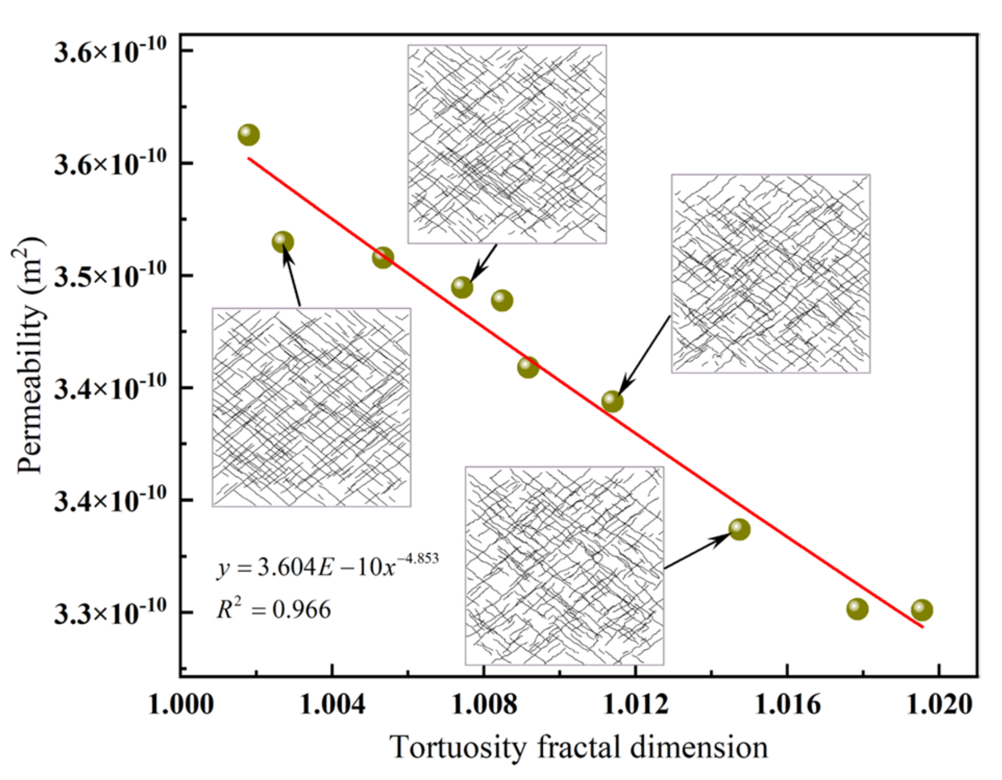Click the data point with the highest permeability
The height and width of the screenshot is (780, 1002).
249,135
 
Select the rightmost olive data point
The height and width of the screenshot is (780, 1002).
922,610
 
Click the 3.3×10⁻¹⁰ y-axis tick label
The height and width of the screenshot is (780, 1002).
110,613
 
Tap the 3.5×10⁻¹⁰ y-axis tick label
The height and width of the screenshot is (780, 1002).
110,275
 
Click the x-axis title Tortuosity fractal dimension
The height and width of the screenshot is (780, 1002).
579,747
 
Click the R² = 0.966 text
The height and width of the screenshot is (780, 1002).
274,609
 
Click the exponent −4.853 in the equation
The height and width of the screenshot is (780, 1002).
419,558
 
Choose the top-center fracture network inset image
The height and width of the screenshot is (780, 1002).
507,144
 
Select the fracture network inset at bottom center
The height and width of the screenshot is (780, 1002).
564,565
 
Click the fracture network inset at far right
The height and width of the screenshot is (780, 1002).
770,273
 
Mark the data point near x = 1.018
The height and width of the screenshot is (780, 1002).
857,609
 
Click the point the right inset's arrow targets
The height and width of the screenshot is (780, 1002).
612,401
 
